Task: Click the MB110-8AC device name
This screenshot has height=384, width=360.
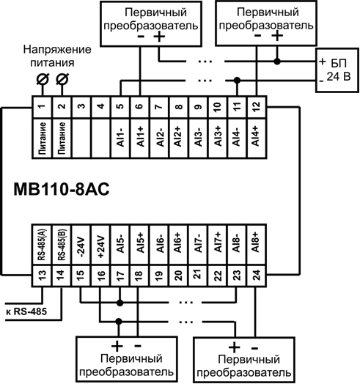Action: [59, 188]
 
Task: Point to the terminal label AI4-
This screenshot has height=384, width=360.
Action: [235, 137]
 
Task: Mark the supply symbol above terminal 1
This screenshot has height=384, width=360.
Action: [43, 79]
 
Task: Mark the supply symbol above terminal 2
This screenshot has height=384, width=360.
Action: [62, 79]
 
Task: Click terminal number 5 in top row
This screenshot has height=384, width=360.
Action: [120, 108]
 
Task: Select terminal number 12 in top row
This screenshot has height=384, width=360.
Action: [254, 108]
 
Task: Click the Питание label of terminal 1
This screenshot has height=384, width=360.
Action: [42, 137]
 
